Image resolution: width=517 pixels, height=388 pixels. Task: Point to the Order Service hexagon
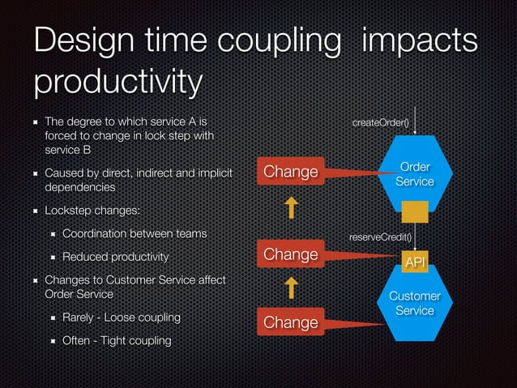(x=414, y=174)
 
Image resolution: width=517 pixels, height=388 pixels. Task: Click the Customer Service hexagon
(x=414, y=305)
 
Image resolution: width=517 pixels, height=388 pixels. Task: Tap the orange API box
(x=415, y=262)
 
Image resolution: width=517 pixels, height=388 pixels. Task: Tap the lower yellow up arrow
(x=290, y=288)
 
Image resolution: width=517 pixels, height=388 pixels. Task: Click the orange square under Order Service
(x=415, y=211)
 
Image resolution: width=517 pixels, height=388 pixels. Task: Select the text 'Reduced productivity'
(x=115, y=257)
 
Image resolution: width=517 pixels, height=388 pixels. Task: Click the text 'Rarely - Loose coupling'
(x=122, y=316)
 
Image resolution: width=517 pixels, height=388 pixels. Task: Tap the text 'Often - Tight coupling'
(x=117, y=340)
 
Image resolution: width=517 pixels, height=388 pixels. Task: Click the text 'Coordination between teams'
(x=135, y=233)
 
